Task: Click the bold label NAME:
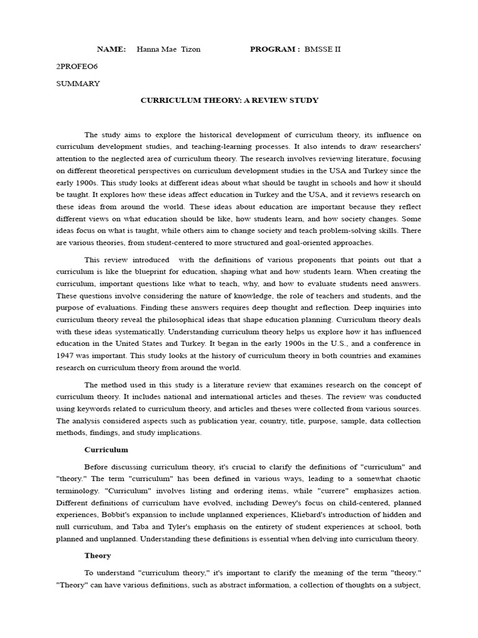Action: [111, 49]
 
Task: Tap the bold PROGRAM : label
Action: [274, 49]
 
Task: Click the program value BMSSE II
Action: [323, 49]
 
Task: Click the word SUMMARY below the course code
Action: [78, 83]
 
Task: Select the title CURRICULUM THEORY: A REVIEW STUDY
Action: [229, 100]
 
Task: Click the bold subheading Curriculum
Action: [106, 449]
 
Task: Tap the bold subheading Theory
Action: [98, 555]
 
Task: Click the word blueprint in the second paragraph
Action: [161, 272]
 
